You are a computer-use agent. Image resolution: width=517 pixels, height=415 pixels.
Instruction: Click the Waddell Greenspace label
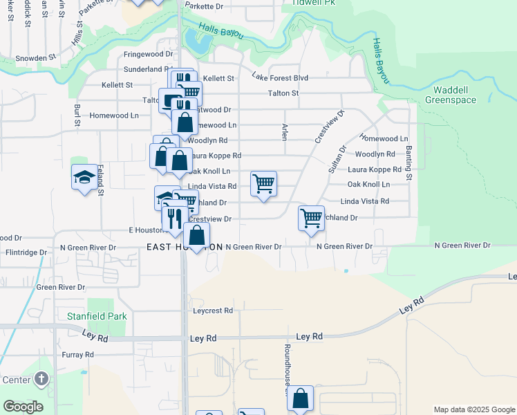[x=455, y=95]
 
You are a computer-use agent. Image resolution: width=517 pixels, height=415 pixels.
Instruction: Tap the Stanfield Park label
[x=97, y=316]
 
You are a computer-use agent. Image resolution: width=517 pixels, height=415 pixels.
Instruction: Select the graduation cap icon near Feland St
[x=84, y=178]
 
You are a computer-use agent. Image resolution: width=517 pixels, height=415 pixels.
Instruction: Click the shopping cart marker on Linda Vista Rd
[x=263, y=184]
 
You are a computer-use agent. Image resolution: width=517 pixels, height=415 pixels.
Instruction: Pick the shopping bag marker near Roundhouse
[x=300, y=398]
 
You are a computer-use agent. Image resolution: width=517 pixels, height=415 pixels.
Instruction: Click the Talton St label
[x=283, y=93]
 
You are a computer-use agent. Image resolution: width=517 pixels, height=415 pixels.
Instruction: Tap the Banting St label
[x=408, y=164]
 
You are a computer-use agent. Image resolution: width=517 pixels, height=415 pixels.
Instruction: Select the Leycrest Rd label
[x=213, y=311]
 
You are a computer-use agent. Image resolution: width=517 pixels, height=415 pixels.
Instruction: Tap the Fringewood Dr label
[x=148, y=54]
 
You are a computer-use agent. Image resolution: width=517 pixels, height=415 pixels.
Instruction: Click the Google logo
[x=23, y=407]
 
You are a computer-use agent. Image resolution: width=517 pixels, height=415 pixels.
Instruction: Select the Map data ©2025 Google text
[x=473, y=409]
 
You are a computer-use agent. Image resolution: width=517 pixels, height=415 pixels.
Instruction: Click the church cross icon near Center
[x=41, y=378]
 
